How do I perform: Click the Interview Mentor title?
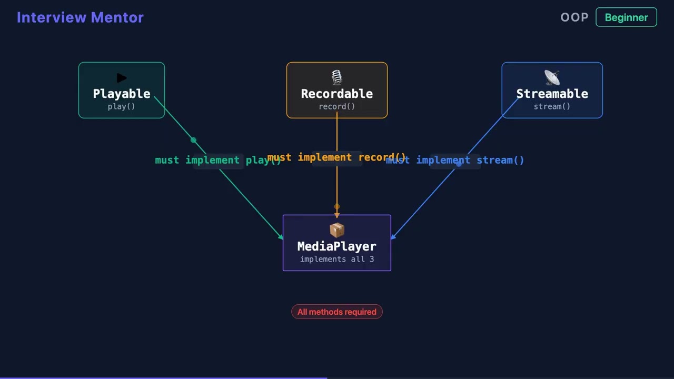pyautogui.click(x=80, y=17)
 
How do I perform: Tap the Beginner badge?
pyautogui.click(x=626, y=17)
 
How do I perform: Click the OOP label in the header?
pyautogui.click(x=574, y=17)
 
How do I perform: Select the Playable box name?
pyautogui.click(x=122, y=94)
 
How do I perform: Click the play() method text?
pyautogui.click(x=122, y=106)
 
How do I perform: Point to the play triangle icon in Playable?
pyautogui.click(x=122, y=78)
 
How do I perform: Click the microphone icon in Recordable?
pyautogui.click(x=337, y=78)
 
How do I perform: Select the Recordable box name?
pyautogui.click(x=337, y=94)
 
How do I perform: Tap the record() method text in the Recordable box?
pyautogui.click(x=337, y=106)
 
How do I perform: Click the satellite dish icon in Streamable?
pyautogui.click(x=552, y=78)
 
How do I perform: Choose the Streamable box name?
pyautogui.click(x=552, y=94)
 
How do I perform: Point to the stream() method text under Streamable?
pyautogui.click(x=552, y=106)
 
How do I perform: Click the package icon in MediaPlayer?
pyautogui.click(x=337, y=230)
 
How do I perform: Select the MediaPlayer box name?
pyautogui.click(x=337, y=246)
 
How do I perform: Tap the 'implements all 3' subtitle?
pyautogui.click(x=337, y=259)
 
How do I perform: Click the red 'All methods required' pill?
pyautogui.click(x=337, y=312)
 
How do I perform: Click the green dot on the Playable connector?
pyautogui.click(x=194, y=140)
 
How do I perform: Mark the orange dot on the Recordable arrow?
pyautogui.click(x=337, y=207)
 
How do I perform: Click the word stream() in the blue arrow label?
pyautogui.click(x=500, y=160)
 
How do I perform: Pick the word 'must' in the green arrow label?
pyautogui.click(x=167, y=160)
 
